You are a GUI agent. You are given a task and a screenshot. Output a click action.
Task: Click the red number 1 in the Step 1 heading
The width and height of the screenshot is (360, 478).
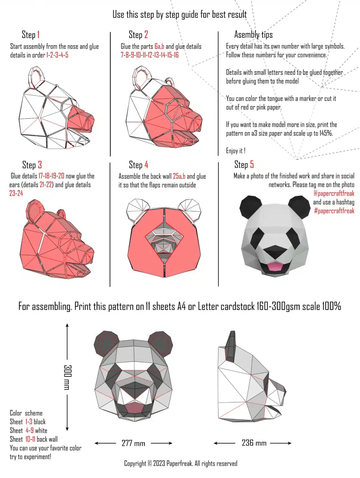point(38,35)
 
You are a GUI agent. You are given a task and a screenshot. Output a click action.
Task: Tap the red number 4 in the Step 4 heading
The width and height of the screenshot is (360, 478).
point(146,165)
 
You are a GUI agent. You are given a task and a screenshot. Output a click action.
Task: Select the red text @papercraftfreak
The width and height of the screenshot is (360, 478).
point(334,193)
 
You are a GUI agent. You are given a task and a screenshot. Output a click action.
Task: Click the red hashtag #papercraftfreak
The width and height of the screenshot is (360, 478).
point(334,211)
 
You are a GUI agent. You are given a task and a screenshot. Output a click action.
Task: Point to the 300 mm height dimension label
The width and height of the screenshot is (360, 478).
point(67,377)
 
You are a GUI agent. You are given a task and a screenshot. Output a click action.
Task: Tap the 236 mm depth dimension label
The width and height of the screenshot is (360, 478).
point(254,443)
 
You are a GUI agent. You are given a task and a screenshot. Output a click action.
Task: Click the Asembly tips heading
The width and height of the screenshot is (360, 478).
point(253,35)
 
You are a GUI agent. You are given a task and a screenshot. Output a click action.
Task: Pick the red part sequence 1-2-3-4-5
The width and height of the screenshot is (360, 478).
point(57,55)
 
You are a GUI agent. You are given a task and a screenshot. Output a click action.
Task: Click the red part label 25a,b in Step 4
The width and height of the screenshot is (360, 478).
point(179,176)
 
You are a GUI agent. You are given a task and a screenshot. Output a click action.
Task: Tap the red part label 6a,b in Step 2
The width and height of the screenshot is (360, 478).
point(159,46)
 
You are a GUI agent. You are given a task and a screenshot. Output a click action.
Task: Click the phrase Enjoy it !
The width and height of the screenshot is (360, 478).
point(235,151)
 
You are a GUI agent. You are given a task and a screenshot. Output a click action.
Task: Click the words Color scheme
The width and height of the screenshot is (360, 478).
point(26,413)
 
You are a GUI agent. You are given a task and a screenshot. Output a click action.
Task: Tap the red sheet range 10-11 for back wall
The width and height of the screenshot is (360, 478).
point(30,439)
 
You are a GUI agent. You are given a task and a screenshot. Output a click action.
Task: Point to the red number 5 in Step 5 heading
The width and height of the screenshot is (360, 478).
point(252,164)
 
